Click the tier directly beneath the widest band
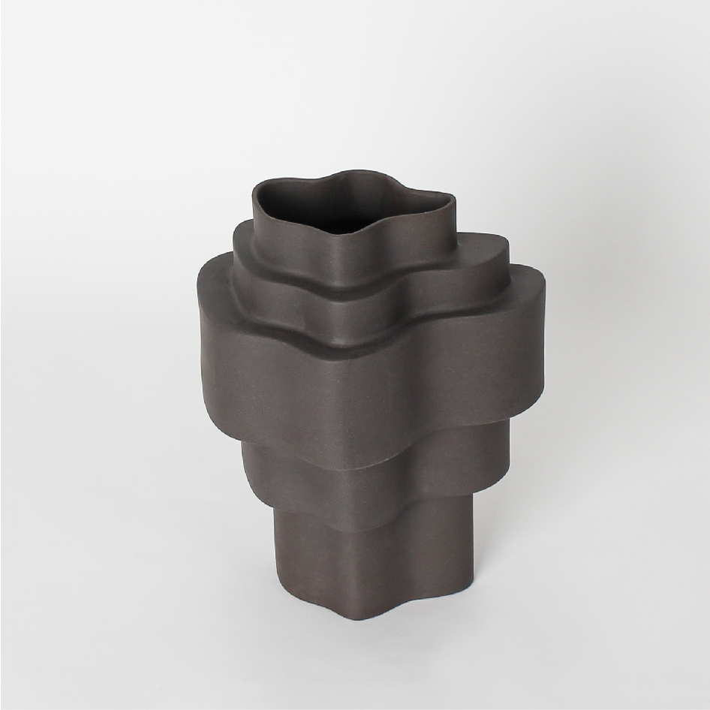[x=353, y=488]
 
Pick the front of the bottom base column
[x=353, y=578]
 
